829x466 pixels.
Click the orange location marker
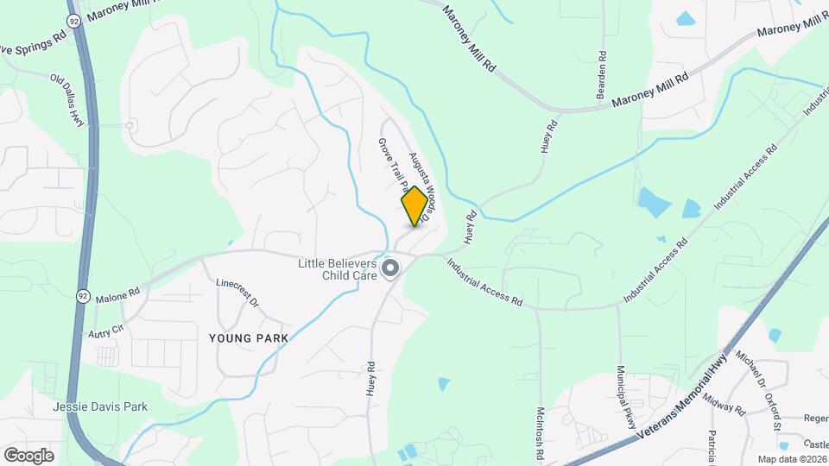(414, 205)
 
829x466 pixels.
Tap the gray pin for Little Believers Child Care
(389, 269)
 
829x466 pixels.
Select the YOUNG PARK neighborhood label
(247, 338)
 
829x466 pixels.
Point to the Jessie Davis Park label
(100, 406)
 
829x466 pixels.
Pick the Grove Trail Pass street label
(390, 165)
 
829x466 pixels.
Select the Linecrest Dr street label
(237, 292)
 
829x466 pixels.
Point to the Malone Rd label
(118, 295)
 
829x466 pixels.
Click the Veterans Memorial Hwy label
(683, 397)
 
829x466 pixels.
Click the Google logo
(28, 455)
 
